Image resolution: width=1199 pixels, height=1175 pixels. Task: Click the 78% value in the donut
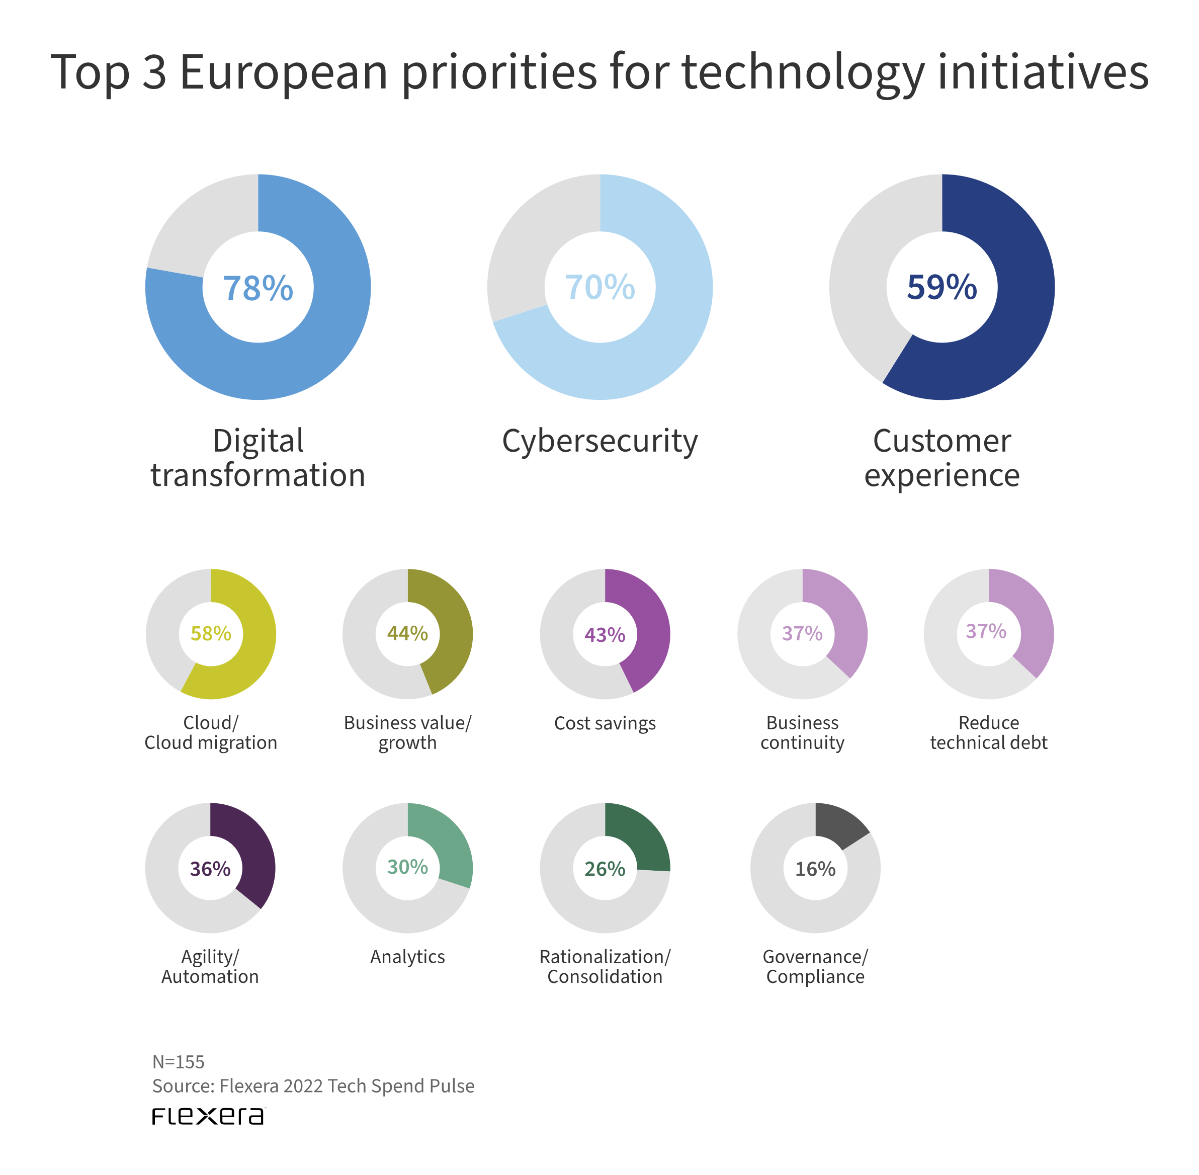pyautogui.click(x=258, y=288)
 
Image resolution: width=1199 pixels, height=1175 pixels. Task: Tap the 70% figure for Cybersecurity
pyautogui.click(x=600, y=288)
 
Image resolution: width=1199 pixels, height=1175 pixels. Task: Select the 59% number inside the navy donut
pyautogui.click(x=941, y=288)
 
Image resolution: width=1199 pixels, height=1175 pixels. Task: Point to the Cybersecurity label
pyautogui.click(x=600, y=441)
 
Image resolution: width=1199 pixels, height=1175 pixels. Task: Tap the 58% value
pyautogui.click(x=211, y=634)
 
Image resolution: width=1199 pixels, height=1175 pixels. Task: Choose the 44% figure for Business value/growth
pyautogui.click(x=407, y=634)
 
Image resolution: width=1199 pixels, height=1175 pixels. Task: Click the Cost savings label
pyautogui.click(x=605, y=723)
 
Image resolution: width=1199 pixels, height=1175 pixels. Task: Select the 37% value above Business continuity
pyautogui.click(x=802, y=634)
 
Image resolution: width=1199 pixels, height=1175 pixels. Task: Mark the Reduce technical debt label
pyautogui.click(x=989, y=732)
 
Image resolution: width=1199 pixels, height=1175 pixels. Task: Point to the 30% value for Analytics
pyautogui.click(x=407, y=867)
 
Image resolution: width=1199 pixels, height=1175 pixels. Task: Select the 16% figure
pyautogui.click(x=815, y=869)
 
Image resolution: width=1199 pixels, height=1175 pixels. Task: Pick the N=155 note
pyautogui.click(x=179, y=1062)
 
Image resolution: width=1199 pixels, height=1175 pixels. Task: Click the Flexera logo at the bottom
pyautogui.click(x=208, y=1116)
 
